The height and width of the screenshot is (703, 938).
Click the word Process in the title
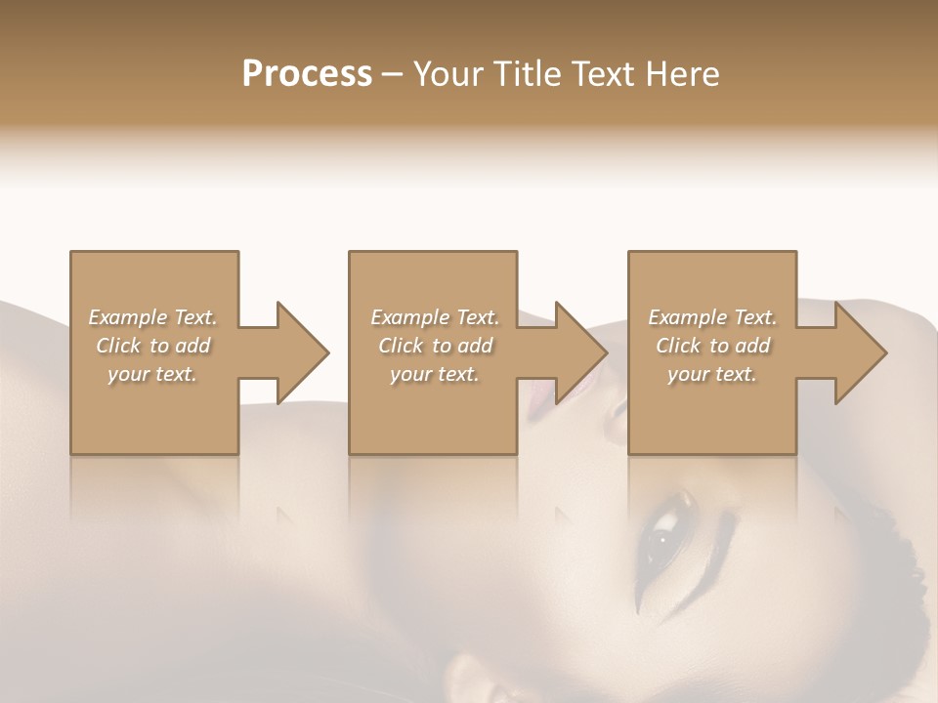point(307,73)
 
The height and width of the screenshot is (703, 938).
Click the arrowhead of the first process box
point(303,352)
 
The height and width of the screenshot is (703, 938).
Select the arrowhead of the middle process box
point(581,352)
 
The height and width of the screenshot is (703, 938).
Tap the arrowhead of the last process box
point(861,352)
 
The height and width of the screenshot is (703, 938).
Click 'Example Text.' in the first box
point(152,317)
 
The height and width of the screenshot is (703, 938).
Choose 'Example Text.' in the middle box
point(435,317)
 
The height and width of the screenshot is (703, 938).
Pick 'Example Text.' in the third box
point(712,317)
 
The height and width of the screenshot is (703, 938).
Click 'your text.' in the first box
point(152,374)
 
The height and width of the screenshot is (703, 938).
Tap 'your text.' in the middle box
point(435,374)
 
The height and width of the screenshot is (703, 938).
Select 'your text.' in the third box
point(712,374)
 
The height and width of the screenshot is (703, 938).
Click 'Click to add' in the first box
point(152,346)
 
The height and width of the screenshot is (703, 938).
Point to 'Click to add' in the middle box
point(435,346)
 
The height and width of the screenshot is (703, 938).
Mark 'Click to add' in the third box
point(712,346)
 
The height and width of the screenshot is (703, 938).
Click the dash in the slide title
point(392,75)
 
